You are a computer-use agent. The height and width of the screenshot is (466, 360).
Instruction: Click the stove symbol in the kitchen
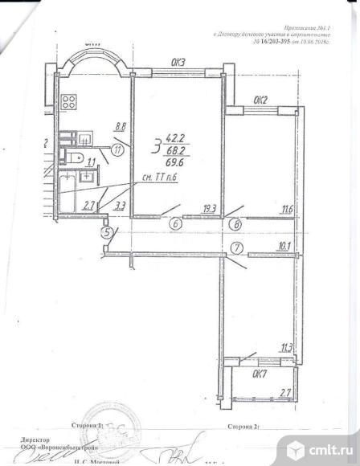(69, 102)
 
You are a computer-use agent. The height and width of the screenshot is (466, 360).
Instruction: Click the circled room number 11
(118, 149)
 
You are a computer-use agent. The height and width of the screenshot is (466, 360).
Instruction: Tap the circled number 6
(174, 225)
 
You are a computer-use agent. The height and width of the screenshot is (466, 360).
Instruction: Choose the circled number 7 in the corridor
(236, 247)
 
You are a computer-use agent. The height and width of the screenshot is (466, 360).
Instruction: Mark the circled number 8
(236, 225)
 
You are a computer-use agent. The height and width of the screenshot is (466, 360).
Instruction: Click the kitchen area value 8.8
(121, 126)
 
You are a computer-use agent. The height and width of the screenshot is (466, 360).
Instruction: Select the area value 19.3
(210, 209)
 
